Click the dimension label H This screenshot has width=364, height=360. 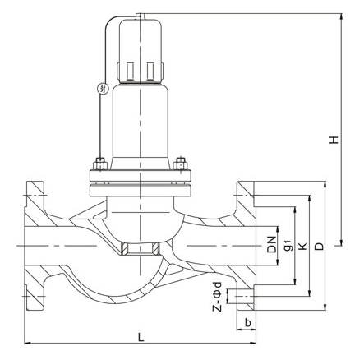[x=334, y=140]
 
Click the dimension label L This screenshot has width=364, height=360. [x=141, y=337]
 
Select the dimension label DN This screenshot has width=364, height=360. [x=272, y=244]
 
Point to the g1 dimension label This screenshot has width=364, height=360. [x=288, y=245]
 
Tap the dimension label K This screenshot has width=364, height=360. [x=302, y=246]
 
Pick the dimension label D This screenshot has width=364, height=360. [x=319, y=247]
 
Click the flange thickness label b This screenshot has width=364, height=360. [x=247, y=323]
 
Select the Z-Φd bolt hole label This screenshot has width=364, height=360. [x=217, y=297]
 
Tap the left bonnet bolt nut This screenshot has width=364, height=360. [x=99, y=164]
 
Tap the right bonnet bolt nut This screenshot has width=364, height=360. [x=181, y=164]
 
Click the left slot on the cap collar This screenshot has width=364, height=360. [x=130, y=71]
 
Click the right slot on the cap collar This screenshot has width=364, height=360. [x=150, y=71]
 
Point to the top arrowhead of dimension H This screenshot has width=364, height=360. [x=341, y=16]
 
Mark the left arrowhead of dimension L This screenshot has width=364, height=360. [x=27, y=343]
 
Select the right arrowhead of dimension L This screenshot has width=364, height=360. [x=253, y=343]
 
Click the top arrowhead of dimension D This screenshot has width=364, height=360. [x=325, y=184]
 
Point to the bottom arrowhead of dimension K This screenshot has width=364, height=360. [x=310, y=293]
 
